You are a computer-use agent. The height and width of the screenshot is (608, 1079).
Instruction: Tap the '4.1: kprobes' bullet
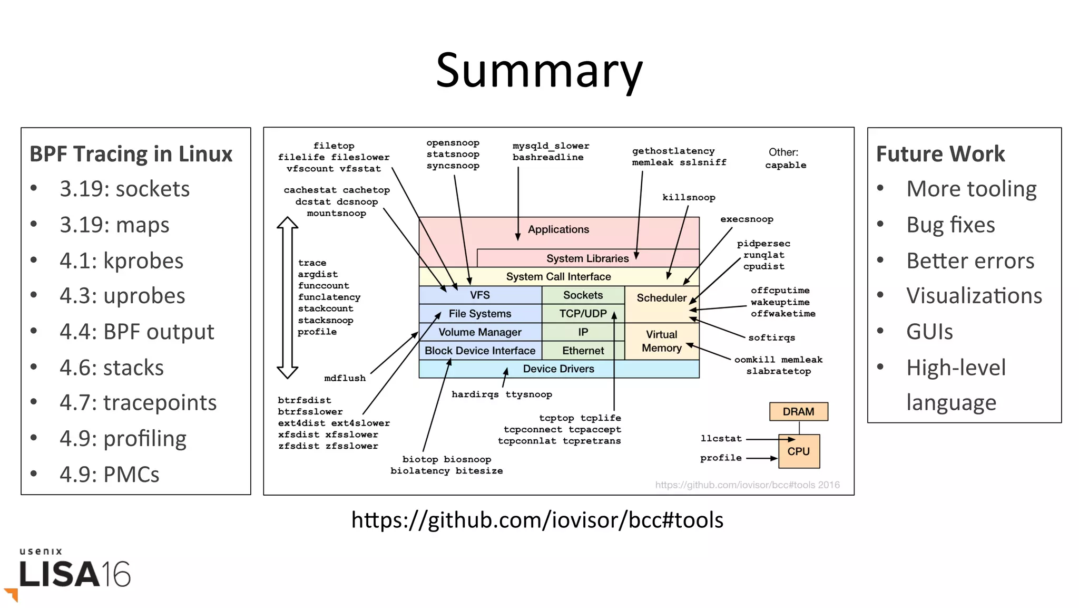pos(121,260)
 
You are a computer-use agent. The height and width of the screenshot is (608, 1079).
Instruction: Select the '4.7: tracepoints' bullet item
pos(138,402)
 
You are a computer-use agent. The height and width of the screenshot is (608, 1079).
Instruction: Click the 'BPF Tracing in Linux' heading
pos(131,154)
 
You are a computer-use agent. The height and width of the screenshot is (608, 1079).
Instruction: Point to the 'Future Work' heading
pos(940,154)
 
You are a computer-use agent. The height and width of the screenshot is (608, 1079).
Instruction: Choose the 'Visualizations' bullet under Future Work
pos(974,296)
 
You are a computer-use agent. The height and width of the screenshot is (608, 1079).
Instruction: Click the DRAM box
pos(798,411)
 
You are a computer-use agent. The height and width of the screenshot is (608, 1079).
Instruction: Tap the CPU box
pos(799,451)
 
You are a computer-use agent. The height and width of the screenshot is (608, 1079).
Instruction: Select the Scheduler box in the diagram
pos(661,298)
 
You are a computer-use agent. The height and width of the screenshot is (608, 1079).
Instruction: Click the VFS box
pos(480,295)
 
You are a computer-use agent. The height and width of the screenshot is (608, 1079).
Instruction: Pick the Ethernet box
pos(583,351)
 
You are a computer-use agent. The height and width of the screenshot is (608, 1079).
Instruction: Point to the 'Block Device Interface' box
pos(480,351)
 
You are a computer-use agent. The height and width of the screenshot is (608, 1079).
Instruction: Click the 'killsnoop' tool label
pos(689,198)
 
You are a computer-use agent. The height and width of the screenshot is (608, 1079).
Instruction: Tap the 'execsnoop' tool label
pos(747,219)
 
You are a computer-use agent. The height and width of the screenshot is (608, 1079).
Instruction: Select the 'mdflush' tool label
pos(345,378)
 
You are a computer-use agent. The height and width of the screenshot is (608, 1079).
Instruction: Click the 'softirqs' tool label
pos(771,338)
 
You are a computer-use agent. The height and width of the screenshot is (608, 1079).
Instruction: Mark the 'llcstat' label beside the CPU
pos(721,439)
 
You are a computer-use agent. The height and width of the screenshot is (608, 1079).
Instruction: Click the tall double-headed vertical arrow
pos(287,298)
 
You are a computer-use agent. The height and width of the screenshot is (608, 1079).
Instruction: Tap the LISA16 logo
pos(74,572)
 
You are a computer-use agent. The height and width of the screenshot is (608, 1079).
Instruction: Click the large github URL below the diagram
pos(537,520)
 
